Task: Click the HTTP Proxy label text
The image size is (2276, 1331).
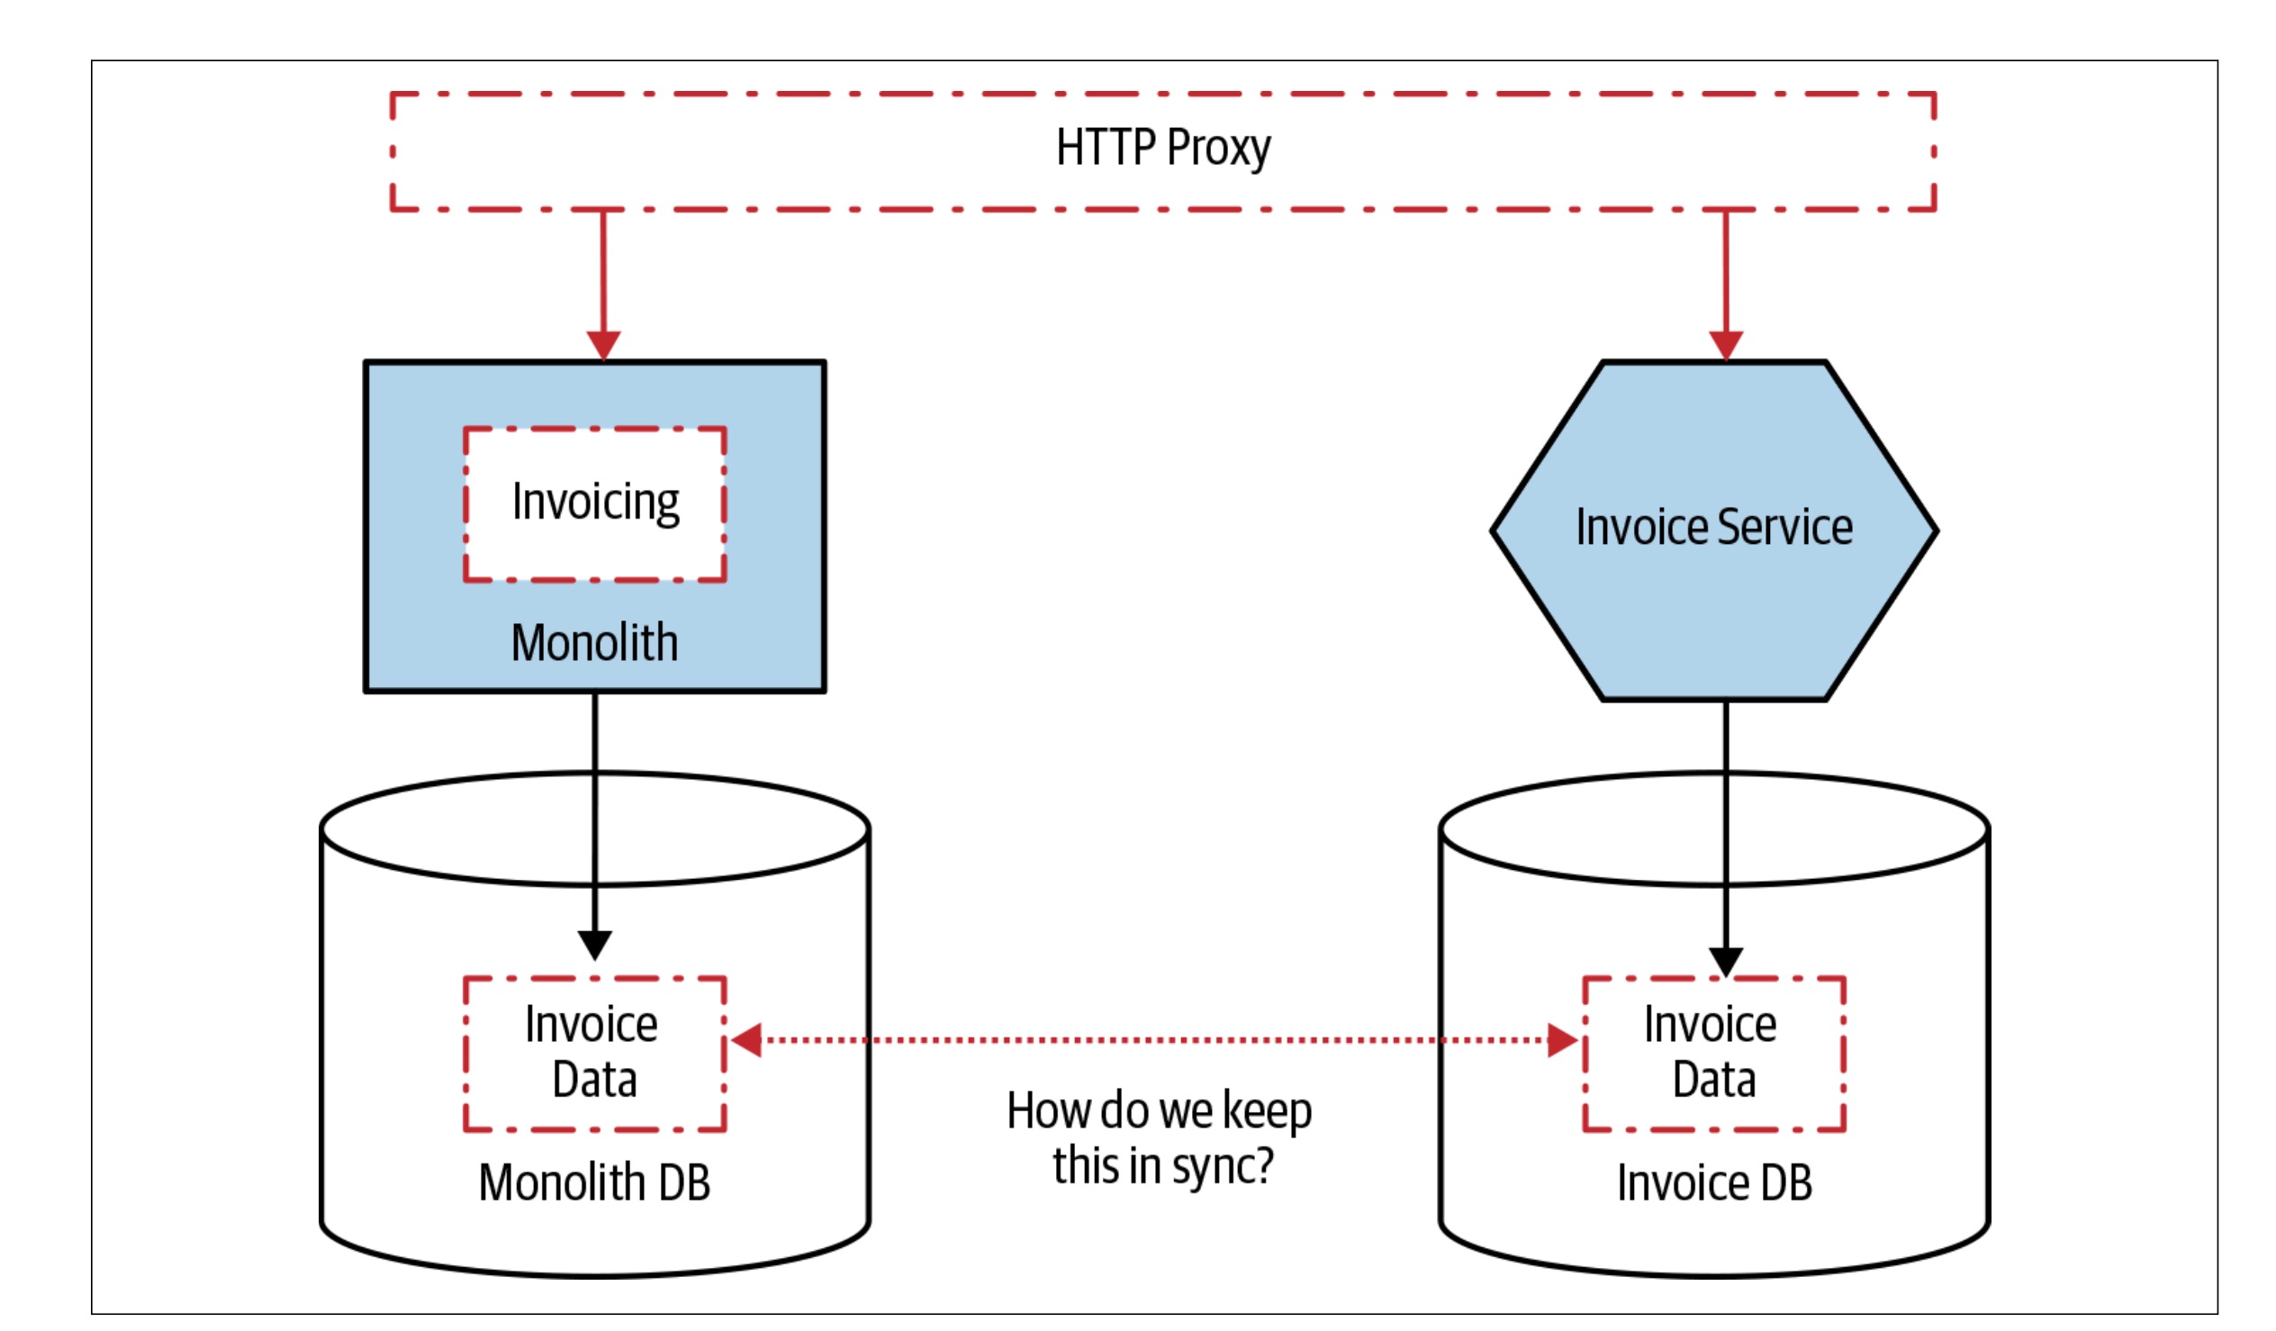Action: click(x=1162, y=149)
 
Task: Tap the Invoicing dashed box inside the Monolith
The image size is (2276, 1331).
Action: click(x=595, y=503)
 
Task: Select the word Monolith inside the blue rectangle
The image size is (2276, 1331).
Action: click(x=594, y=643)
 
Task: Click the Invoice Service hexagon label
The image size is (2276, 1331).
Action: click(x=1713, y=528)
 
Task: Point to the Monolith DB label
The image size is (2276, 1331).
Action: click(x=594, y=1182)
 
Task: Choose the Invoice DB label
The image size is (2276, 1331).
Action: click(x=1713, y=1182)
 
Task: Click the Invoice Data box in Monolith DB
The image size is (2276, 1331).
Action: click(x=594, y=1054)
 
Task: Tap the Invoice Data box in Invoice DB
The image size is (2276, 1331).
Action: click(x=1713, y=1054)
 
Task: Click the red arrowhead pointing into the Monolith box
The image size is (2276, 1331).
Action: click(x=603, y=345)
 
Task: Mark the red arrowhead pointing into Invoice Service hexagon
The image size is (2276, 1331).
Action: click(x=1725, y=345)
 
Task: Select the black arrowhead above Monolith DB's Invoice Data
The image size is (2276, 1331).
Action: click(x=594, y=946)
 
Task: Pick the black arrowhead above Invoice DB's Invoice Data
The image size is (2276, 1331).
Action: click(x=1725, y=962)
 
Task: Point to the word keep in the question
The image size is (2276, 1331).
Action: click(x=1266, y=1111)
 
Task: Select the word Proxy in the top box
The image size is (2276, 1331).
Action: click(x=1217, y=149)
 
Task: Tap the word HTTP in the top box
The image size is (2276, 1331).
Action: click(x=1106, y=149)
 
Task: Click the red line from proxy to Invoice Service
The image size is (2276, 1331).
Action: click(x=1725, y=271)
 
